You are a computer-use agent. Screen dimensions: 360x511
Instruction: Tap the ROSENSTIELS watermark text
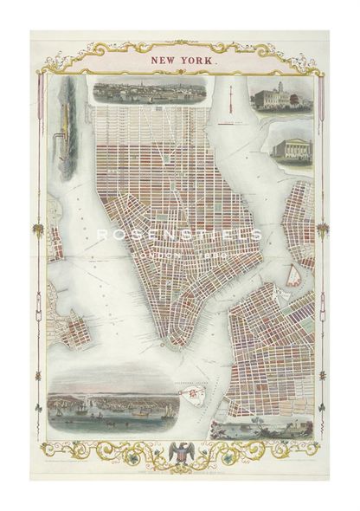click(179, 235)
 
